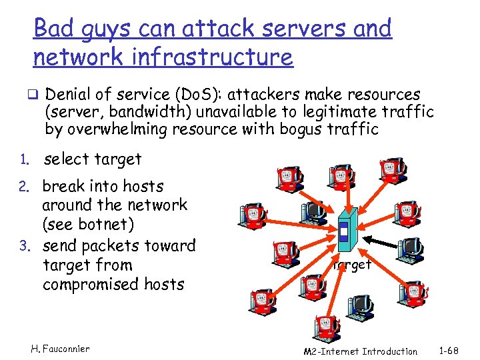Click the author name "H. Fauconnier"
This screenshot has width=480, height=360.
[60, 349]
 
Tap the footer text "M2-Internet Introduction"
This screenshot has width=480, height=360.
[360, 351]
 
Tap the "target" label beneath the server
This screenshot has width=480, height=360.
[352, 265]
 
